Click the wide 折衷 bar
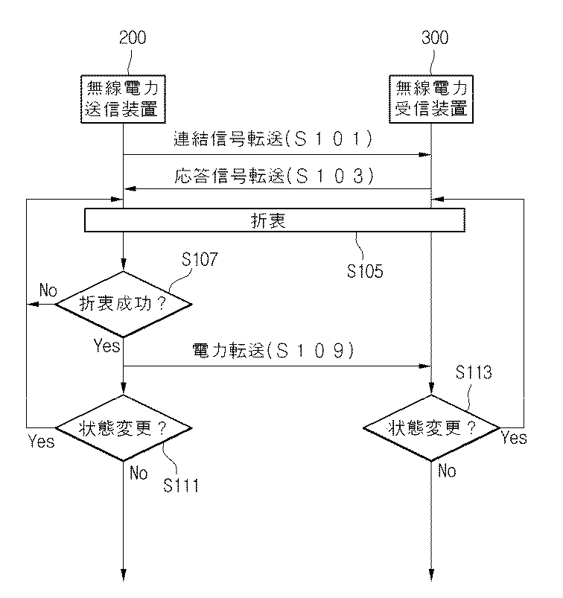pyautogui.click(x=276, y=221)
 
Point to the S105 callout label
pyautogui.click(x=365, y=271)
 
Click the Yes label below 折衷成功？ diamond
pyautogui.click(x=106, y=346)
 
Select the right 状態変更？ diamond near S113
pyautogui.click(x=431, y=428)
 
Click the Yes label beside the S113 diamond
pyautogui.click(x=514, y=438)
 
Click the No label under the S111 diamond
pyautogui.click(x=139, y=471)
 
